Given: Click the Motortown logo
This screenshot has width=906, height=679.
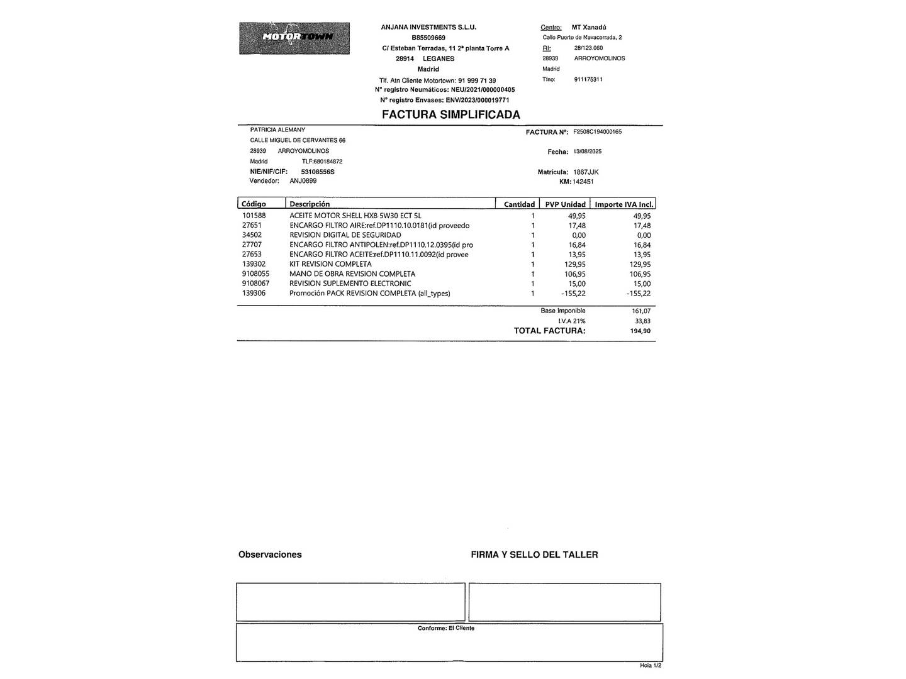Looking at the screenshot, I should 294,38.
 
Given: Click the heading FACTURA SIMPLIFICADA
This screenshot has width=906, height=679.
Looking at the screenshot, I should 450,114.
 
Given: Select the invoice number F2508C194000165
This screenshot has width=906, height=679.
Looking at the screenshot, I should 597,132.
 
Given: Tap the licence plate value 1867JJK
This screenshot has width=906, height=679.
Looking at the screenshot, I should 586,172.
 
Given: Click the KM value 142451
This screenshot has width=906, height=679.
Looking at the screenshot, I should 583,182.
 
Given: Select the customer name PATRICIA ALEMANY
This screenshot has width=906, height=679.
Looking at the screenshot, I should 277,130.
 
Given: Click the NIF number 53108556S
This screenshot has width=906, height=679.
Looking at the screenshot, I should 318,172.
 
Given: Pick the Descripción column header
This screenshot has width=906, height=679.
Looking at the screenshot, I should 310,204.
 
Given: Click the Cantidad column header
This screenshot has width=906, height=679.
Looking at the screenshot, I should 519,204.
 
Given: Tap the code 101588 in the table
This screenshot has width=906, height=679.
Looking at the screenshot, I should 254,216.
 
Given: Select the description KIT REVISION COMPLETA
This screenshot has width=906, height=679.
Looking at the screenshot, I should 330,264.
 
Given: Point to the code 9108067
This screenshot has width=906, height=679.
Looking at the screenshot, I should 255,284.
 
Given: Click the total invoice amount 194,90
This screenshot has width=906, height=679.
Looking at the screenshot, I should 640,331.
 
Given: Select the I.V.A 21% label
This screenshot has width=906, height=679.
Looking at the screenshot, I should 571,321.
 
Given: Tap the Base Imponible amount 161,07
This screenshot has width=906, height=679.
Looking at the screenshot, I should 640,311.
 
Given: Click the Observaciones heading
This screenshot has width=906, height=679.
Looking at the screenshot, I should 270,555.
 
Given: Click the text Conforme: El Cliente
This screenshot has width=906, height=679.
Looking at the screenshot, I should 446,628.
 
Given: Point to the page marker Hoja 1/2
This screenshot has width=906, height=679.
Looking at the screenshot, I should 651,665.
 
